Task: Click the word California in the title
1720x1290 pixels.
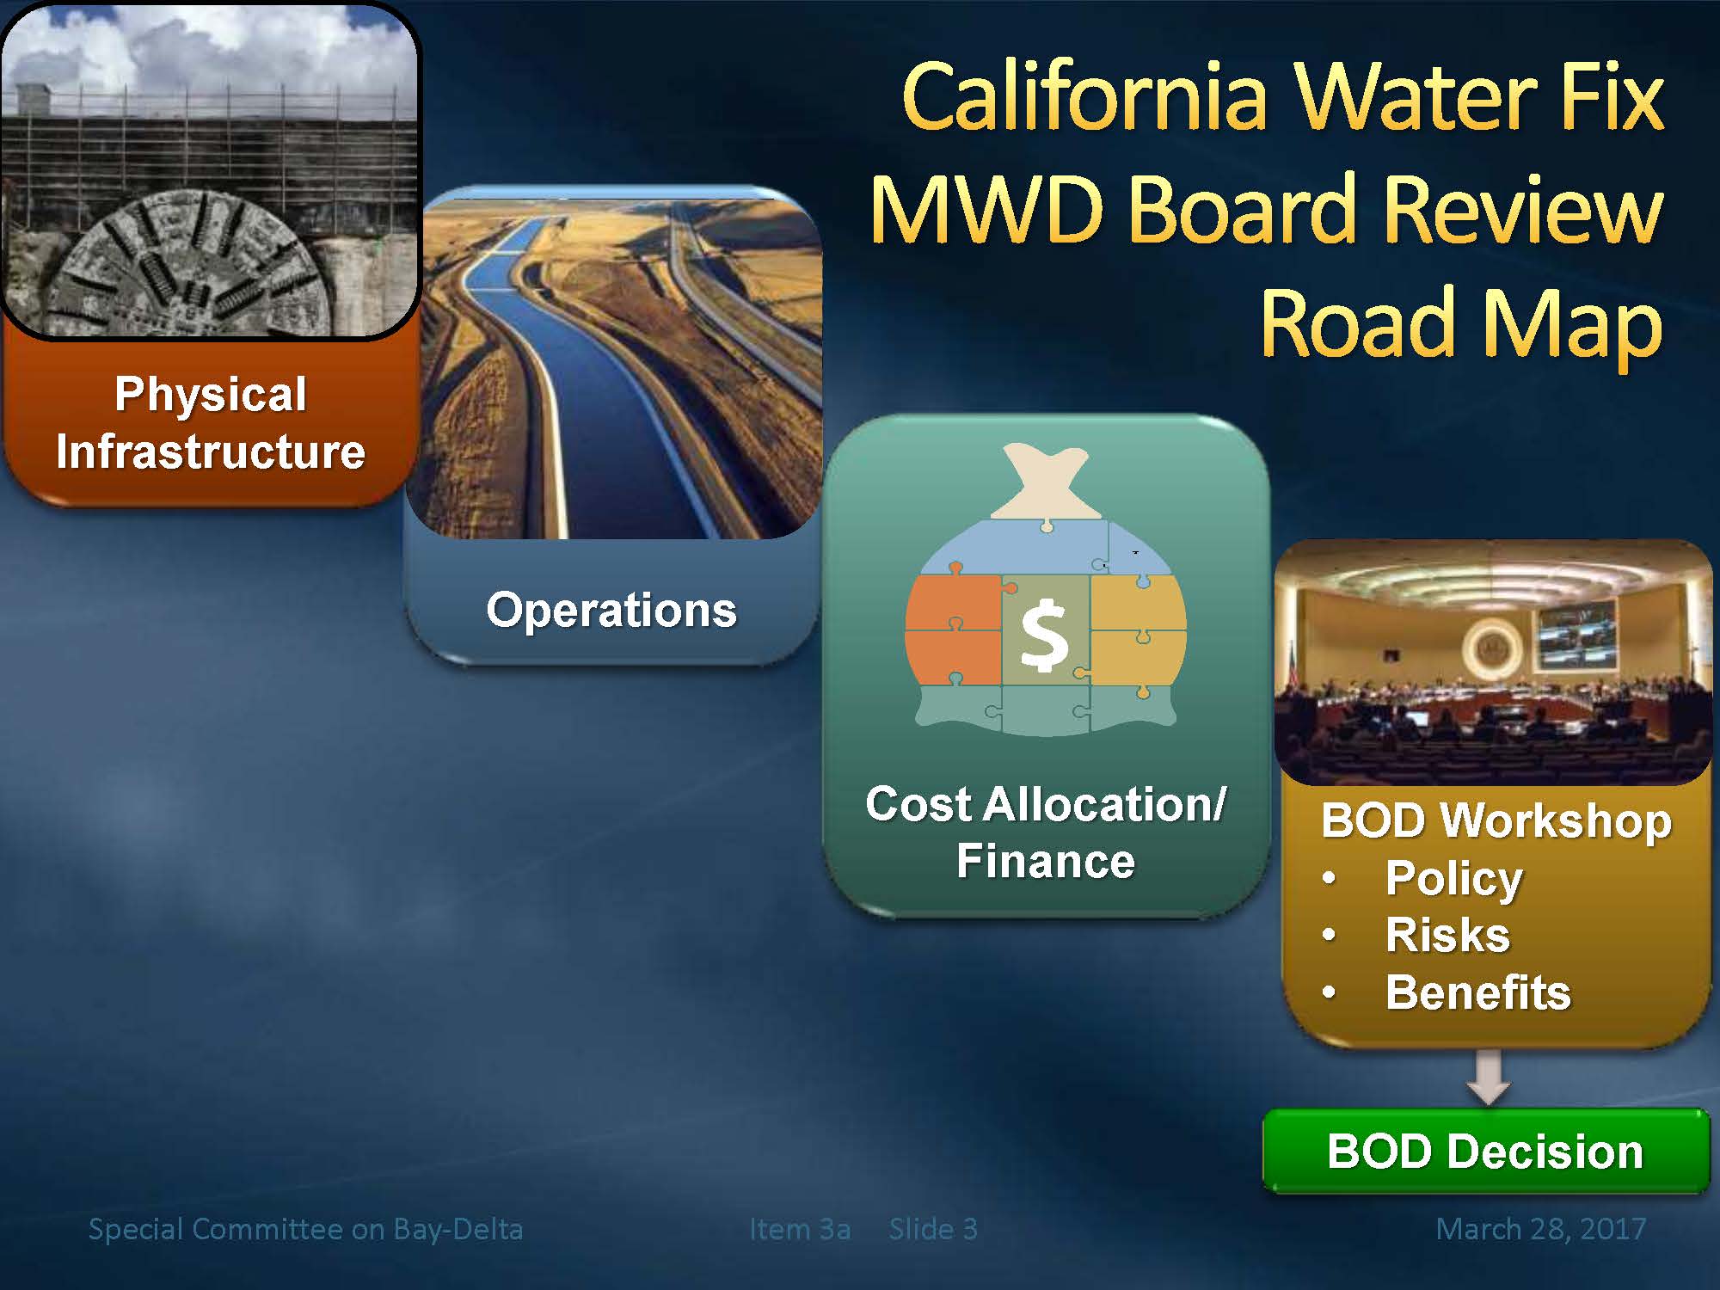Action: point(1086,96)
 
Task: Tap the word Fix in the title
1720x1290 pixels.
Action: point(1612,96)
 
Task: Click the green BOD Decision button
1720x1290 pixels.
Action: point(1485,1152)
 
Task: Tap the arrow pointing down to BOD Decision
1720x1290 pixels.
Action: point(1489,1077)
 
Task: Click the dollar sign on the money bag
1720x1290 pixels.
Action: point(1043,636)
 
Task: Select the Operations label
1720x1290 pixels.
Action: point(611,610)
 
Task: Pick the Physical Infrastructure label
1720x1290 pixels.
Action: point(211,423)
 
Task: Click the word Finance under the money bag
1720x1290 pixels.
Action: point(1046,861)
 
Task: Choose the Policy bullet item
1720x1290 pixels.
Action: point(1454,879)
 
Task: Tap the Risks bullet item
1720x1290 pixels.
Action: point(1447,935)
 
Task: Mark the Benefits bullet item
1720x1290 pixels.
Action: point(1478,992)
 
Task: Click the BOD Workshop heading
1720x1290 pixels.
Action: point(1496,820)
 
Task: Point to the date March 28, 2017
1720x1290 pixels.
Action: point(1541,1229)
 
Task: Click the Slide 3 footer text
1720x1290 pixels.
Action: point(933,1229)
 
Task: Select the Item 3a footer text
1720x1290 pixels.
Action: point(800,1229)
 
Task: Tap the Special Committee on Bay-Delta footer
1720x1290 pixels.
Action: point(305,1230)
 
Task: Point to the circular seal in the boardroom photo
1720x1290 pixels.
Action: point(1490,647)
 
